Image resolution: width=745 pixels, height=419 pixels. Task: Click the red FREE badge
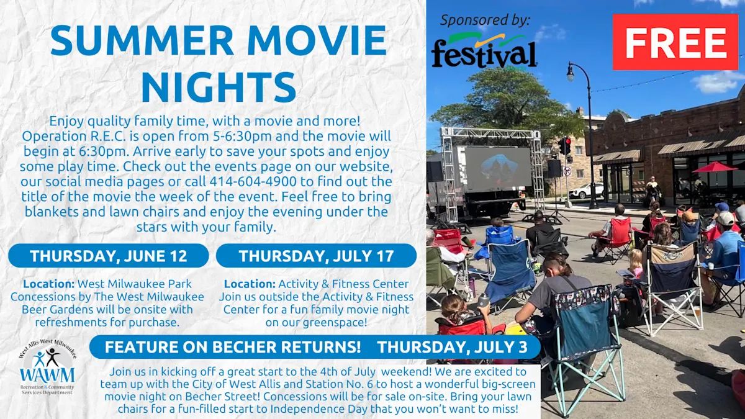(x=675, y=42)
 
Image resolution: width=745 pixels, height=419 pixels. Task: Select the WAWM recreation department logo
(x=47, y=367)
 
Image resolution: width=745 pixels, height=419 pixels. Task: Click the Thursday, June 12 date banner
(x=109, y=256)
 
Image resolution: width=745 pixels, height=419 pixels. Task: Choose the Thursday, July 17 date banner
(x=316, y=256)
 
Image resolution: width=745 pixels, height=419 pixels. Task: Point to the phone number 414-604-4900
(x=253, y=181)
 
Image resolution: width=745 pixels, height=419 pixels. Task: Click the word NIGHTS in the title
(x=219, y=86)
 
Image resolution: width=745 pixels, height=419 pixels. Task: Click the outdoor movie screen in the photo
(x=497, y=167)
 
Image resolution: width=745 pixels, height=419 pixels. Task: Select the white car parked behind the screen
(x=586, y=191)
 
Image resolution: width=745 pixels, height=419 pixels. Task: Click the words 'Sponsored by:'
(x=485, y=20)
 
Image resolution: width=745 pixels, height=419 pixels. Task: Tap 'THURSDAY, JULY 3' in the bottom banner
(x=453, y=347)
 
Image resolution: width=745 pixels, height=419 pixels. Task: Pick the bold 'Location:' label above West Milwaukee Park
(x=49, y=284)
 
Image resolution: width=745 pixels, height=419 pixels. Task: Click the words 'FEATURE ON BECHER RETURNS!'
(x=233, y=347)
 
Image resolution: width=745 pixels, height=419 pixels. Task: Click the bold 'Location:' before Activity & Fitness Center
(x=250, y=284)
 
